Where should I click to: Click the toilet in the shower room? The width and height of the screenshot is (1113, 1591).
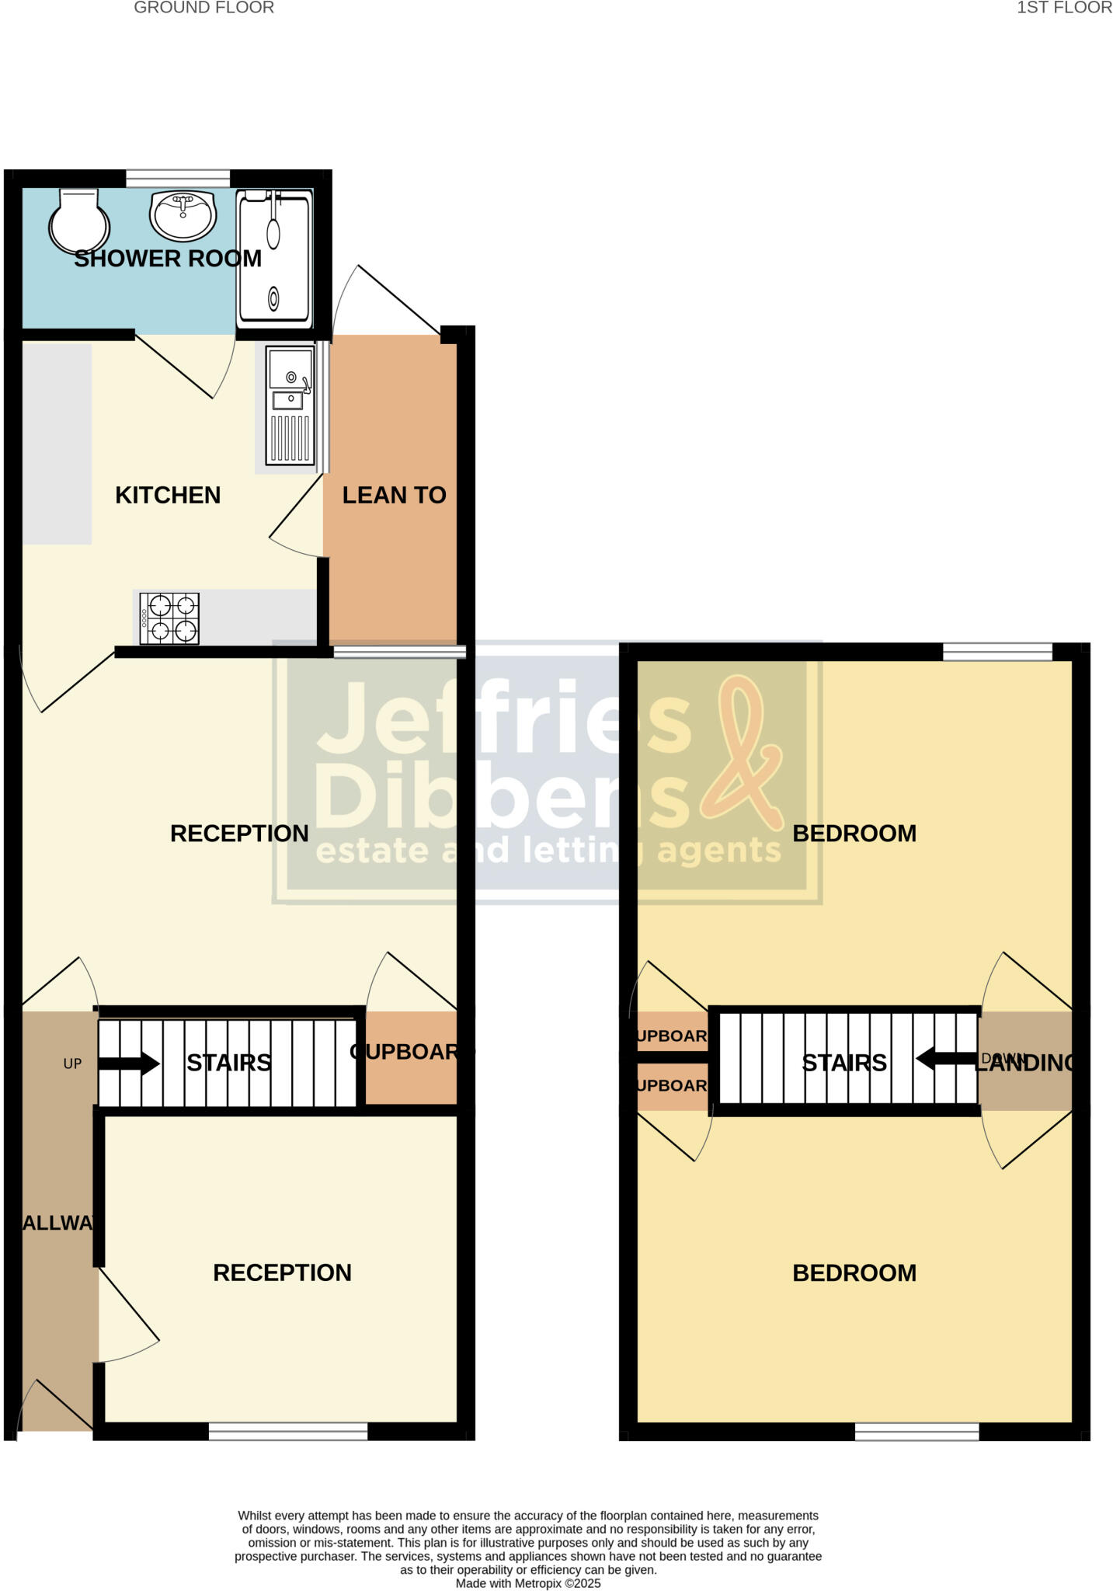tap(78, 221)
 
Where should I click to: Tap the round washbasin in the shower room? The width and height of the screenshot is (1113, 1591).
tap(183, 214)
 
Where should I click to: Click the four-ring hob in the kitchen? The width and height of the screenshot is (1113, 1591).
tap(169, 618)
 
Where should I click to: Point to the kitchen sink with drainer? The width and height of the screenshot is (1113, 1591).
tap(290, 406)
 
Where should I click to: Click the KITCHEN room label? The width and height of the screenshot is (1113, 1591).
tap(168, 495)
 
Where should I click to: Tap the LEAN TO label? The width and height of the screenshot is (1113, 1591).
tap(394, 495)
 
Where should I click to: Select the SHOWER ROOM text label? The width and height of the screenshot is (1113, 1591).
tap(168, 259)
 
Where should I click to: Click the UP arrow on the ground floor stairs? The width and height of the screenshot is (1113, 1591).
tap(128, 1063)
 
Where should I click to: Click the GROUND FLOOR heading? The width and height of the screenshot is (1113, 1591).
tap(203, 9)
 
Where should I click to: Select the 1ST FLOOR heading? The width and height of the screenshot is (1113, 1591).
tap(1064, 9)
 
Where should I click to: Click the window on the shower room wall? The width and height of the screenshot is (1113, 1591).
tap(178, 179)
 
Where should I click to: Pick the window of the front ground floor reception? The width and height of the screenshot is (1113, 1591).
tap(287, 1431)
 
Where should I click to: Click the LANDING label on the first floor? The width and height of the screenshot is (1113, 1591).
tap(1025, 1063)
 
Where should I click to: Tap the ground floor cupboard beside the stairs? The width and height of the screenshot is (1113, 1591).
tap(410, 1057)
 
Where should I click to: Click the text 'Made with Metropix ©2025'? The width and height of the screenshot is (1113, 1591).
tap(528, 1583)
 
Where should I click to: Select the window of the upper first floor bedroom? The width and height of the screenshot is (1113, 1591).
tap(997, 652)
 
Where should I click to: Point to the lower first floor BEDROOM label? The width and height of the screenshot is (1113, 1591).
tap(854, 1272)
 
